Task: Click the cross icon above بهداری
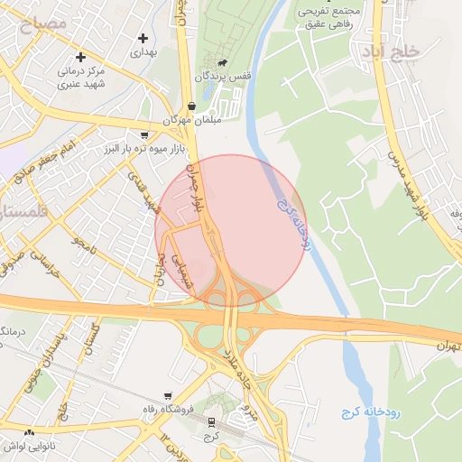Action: (x=143, y=38)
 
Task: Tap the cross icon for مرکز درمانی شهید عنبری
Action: (x=81, y=57)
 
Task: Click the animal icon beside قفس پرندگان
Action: (x=222, y=64)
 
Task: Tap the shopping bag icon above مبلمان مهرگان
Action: (x=191, y=106)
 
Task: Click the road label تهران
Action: (x=448, y=346)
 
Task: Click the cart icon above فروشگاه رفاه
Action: (x=168, y=396)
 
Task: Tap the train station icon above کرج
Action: (x=212, y=421)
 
